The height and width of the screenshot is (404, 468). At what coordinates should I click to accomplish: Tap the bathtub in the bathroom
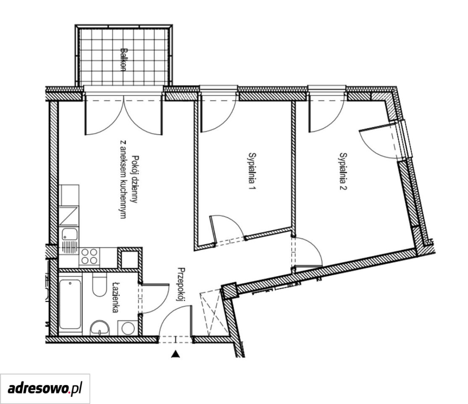[70, 304]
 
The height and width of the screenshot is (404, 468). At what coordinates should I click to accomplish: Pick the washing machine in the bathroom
[128, 328]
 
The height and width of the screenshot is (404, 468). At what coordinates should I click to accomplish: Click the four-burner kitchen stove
[89, 257]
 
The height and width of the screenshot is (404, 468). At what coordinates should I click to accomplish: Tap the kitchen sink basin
[70, 234]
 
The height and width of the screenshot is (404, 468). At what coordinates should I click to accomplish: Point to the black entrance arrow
[176, 354]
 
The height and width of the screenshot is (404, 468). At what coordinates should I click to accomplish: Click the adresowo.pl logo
[45, 389]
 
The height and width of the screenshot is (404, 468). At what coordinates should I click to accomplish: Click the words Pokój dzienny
[135, 179]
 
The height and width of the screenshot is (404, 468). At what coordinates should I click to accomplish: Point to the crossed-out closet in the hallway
[212, 313]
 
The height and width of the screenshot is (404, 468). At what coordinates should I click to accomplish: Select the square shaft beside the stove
[130, 259]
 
